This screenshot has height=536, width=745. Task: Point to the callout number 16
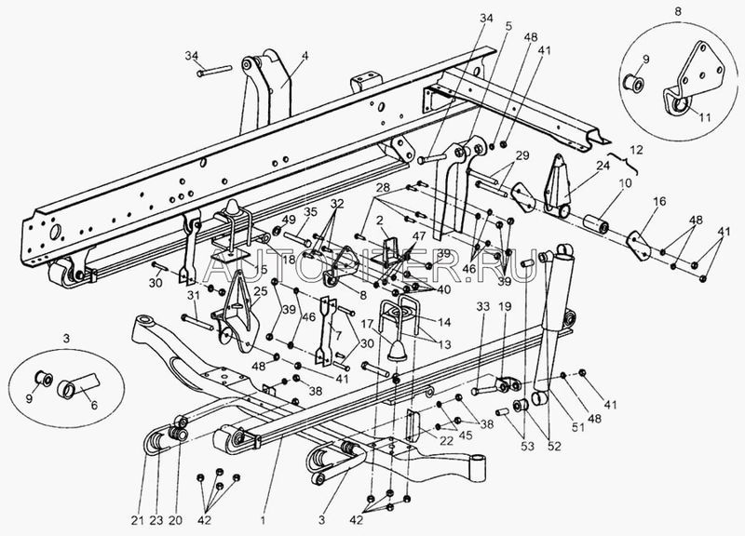click(x=659, y=200)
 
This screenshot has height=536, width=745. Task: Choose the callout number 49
click(x=289, y=220)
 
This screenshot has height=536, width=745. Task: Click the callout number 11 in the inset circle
click(x=696, y=118)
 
